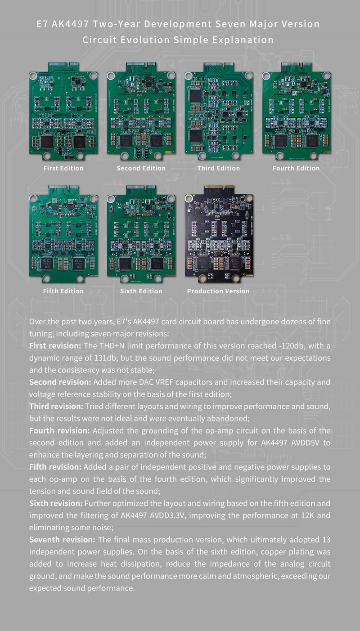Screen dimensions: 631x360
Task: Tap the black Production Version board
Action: (x=219, y=237)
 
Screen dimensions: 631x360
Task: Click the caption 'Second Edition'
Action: (x=141, y=168)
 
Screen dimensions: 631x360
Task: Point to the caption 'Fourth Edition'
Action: (x=296, y=168)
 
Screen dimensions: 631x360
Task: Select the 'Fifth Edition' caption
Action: (x=63, y=291)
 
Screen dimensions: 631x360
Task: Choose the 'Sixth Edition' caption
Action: (x=141, y=291)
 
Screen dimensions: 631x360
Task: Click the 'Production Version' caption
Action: (x=218, y=291)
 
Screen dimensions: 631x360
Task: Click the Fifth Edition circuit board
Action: (x=63, y=237)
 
